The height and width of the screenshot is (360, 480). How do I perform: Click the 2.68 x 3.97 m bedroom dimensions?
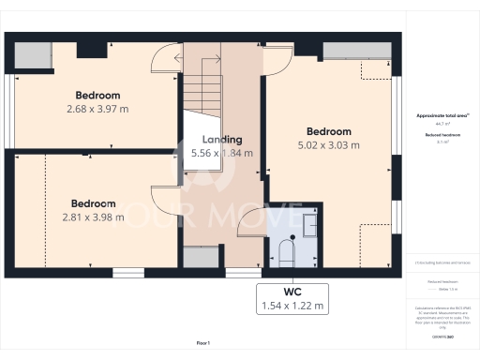pyautogui.click(x=97, y=110)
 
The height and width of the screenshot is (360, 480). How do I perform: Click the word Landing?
pyautogui.click(x=222, y=140)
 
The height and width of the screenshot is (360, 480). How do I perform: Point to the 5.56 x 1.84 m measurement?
pyautogui.click(x=222, y=153)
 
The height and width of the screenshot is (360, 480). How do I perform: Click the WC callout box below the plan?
pyautogui.click(x=292, y=298)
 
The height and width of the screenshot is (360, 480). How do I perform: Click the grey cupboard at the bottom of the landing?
pyautogui.click(x=198, y=257)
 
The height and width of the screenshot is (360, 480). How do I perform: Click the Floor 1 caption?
pyautogui.click(x=203, y=345)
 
